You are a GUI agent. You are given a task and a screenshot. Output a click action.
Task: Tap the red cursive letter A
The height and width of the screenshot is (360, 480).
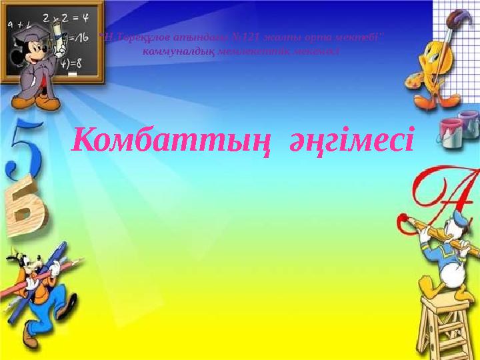pyautogui.click(x=443, y=193)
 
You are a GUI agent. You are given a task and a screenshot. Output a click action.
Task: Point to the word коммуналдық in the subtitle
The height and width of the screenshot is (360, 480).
pyautogui.click(x=176, y=52)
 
